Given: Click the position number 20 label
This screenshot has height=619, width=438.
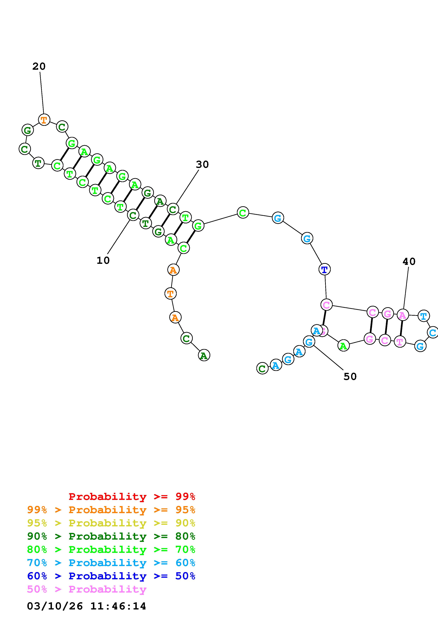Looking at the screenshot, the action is pos(39,66).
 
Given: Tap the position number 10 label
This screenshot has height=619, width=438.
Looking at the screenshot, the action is pos(103,260).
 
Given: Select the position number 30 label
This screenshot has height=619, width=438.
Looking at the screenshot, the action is pos(202,164).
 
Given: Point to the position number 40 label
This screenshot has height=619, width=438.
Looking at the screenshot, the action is pos(409,261).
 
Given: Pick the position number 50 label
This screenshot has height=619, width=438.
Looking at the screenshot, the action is pos(350,377).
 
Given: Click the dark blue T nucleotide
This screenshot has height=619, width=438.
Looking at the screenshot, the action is pos(324,269).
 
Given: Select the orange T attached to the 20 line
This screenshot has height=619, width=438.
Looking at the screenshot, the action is pos(44,119).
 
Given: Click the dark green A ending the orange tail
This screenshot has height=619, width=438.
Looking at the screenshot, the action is pos(204,356).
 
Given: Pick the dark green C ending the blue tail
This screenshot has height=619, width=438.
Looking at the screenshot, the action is pos(262,369).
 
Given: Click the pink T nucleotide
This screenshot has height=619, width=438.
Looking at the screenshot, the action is pos(400,342).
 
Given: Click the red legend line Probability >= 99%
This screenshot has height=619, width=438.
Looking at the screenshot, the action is pos(132,497).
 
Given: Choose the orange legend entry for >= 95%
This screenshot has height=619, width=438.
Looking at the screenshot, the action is pos(111,510).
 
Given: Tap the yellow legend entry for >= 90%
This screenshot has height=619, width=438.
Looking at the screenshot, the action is pos(111,523).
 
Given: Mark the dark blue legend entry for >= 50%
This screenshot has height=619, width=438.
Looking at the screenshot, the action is pos(111,576).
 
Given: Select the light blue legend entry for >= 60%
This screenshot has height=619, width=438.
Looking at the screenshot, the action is pos(111,563).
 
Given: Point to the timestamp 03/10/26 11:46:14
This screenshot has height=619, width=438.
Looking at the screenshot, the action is pos(86,606).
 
